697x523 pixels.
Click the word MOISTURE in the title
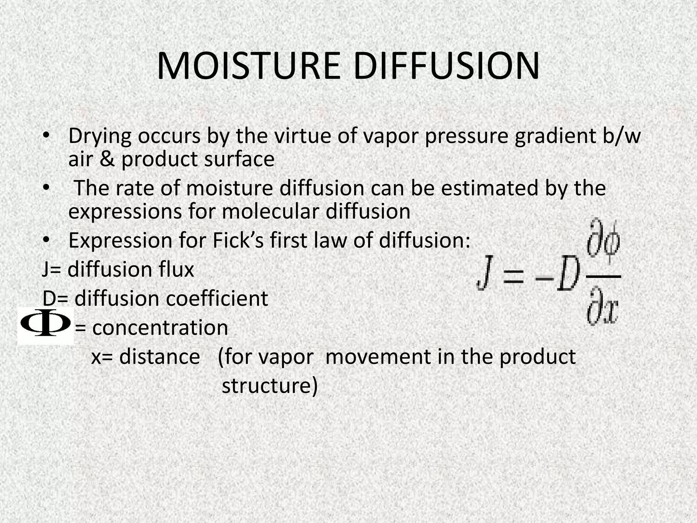pyautogui.click(x=248, y=66)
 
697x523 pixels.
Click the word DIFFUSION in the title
pyautogui.click(x=446, y=66)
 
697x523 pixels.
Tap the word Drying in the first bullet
pyautogui.click(x=100, y=137)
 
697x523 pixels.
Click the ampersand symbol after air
pyautogui.click(x=107, y=159)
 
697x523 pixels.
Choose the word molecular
pyautogui.click(x=271, y=211)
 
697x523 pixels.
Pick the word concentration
pyautogui.click(x=160, y=328)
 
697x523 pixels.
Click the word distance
pyautogui.click(x=159, y=357)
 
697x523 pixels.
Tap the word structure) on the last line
pyautogui.click(x=270, y=386)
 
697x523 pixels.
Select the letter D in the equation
pyautogui.click(x=568, y=273)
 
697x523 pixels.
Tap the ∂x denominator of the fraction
pyautogui.click(x=602, y=306)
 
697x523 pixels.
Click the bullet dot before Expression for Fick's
pyautogui.click(x=46, y=240)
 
